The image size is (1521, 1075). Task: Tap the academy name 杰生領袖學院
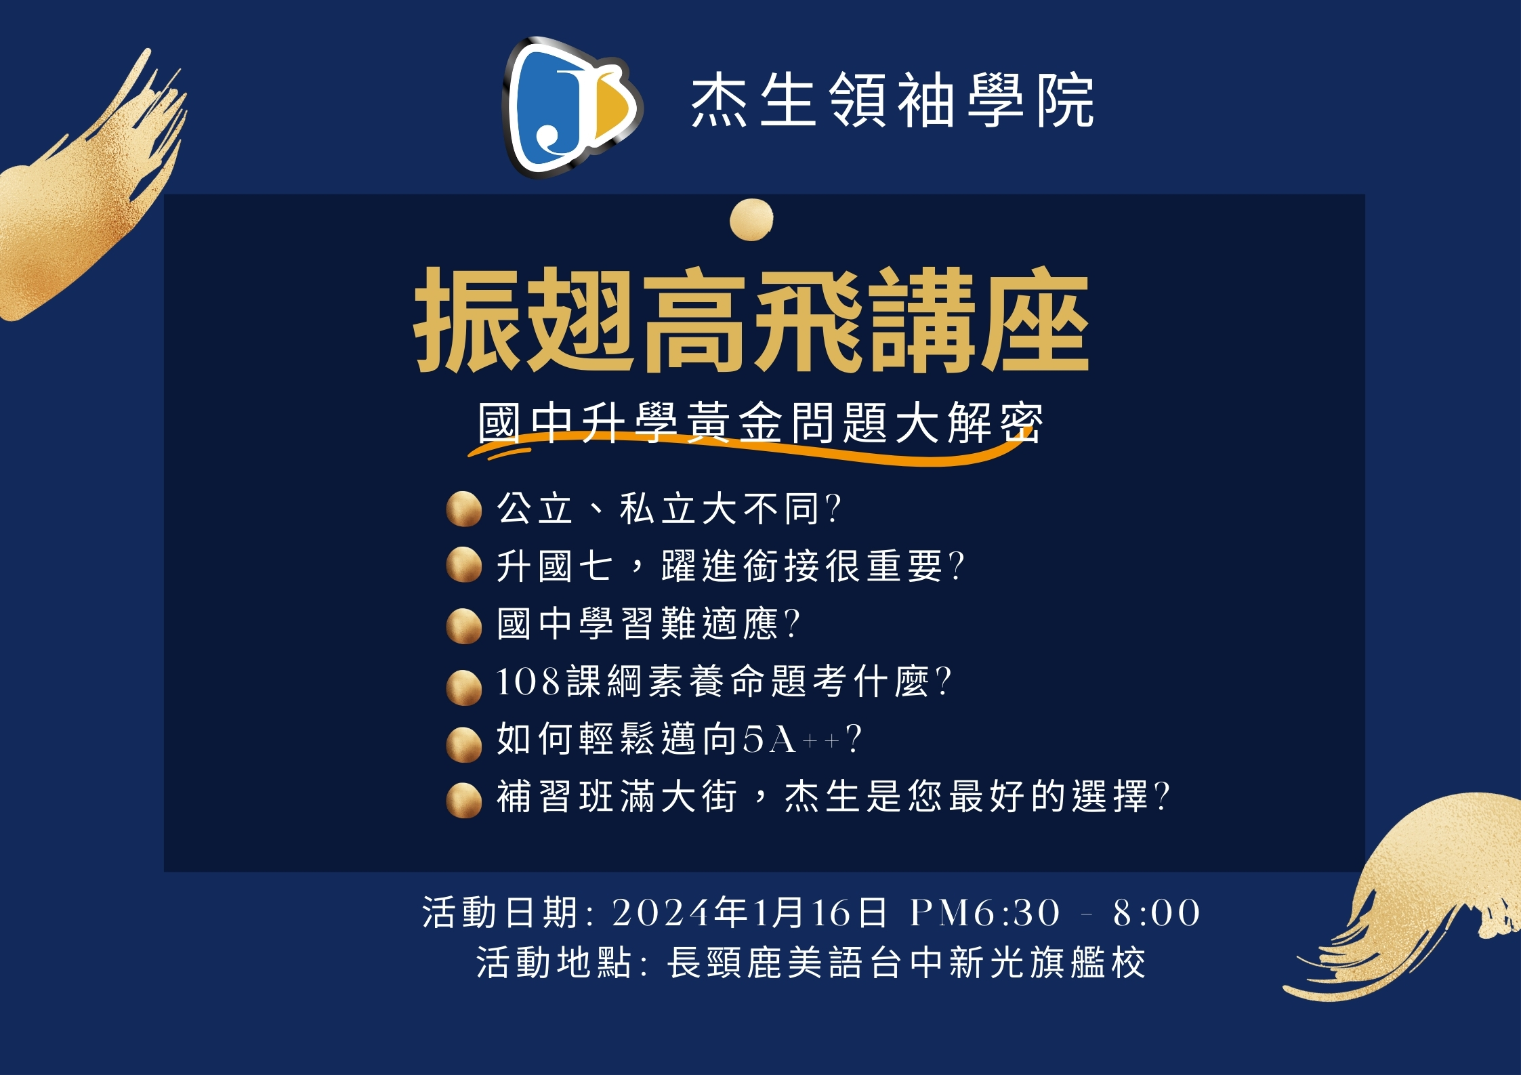coord(892,102)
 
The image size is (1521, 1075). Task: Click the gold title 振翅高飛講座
coord(751,320)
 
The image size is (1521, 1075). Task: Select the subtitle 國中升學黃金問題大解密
coord(759,423)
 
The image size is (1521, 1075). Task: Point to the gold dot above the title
coord(751,219)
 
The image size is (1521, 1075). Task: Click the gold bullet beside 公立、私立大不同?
coord(464,509)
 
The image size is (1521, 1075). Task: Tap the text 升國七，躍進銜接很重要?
coord(730,566)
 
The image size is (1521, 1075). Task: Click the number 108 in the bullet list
coord(528,681)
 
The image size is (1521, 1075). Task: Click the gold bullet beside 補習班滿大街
coord(464,800)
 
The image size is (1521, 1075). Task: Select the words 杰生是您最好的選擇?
coord(976,797)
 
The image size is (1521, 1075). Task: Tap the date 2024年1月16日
coord(749,912)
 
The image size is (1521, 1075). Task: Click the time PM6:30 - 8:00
coord(1055,912)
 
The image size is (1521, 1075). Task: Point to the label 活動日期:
coord(508,912)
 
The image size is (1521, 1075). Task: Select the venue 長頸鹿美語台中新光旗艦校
coord(906,963)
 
